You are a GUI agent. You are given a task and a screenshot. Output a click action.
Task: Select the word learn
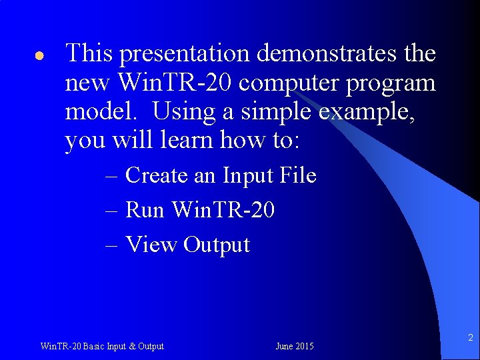189,141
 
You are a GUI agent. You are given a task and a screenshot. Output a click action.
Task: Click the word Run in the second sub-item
145,210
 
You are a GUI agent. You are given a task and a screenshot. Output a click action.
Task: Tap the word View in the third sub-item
151,245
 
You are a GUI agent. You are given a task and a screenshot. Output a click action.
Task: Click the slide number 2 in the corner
470,338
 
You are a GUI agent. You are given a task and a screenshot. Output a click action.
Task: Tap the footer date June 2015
294,346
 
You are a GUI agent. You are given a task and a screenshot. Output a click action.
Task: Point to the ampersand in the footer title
131,346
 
